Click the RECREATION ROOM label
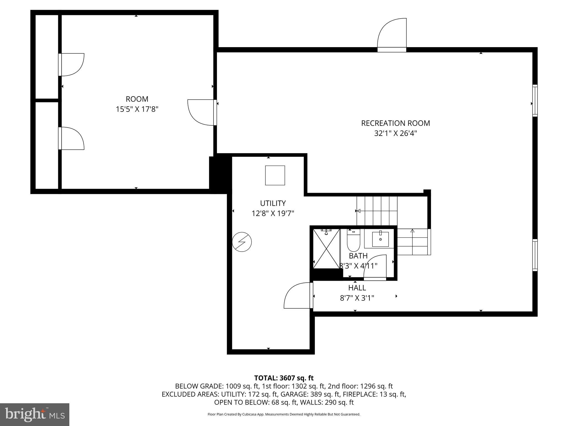pyautogui.click(x=395, y=123)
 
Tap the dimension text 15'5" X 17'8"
pyautogui.click(x=137, y=109)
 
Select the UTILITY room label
pyautogui.click(x=273, y=203)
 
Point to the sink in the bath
pyautogui.click(x=380, y=239)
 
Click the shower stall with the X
pyautogui.click(x=326, y=248)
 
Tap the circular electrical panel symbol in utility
pyautogui.click(x=242, y=242)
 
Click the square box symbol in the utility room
pyautogui.click(x=275, y=175)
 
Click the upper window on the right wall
pyautogui.click(x=535, y=100)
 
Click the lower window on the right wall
pyautogui.click(x=535, y=255)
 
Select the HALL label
pyautogui.click(x=357, y=288)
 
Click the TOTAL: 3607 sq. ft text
pyautogui.click(x=284, y=378)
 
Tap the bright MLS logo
pyautogui.click(x=35, y=414)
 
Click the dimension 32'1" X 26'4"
pyautogui.click(x=395, y=134)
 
